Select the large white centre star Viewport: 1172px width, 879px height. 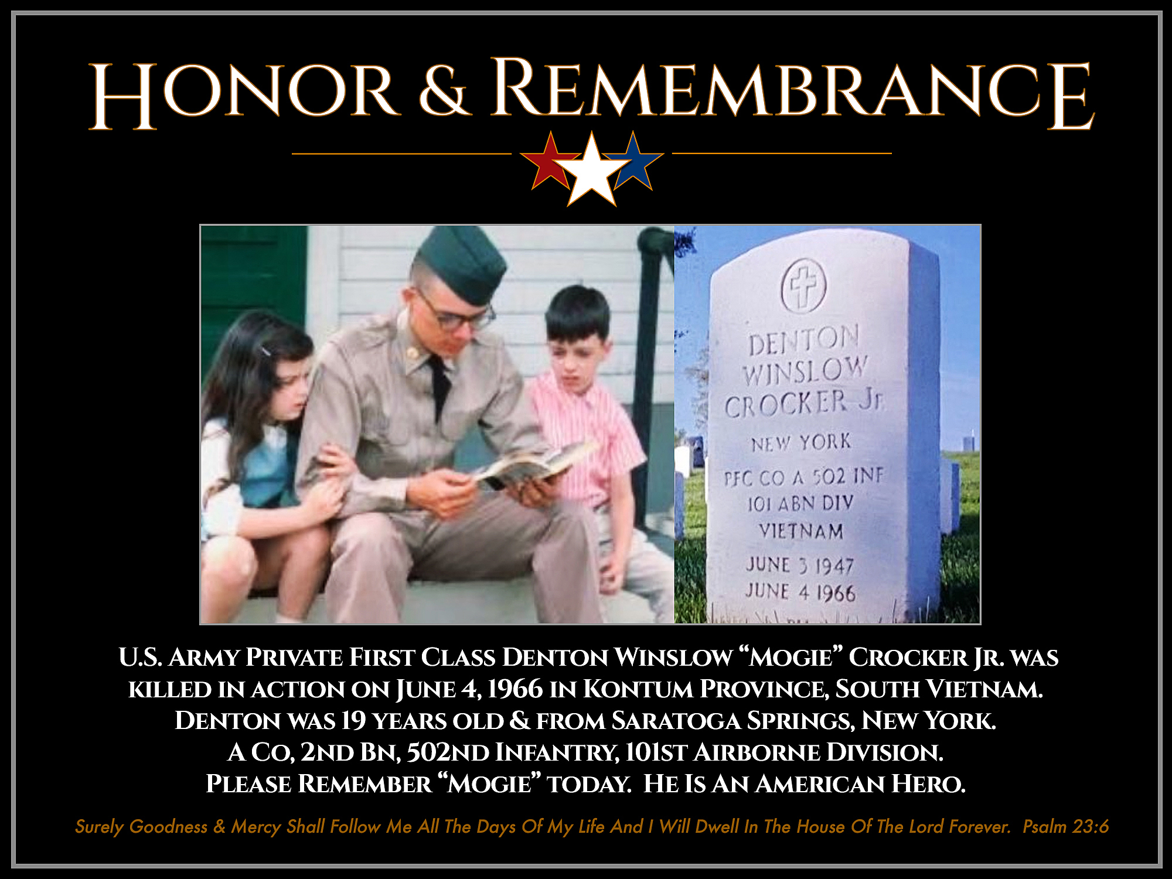tap(592, 170)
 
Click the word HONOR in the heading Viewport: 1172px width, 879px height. tap(243, 94)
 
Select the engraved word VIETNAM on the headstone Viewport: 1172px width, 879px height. tap(801, 532)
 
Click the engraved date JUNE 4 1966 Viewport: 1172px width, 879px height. tap(800, 592)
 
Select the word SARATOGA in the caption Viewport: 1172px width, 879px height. tap(676, 721)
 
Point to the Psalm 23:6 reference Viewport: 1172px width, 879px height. tap(1065, 826)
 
